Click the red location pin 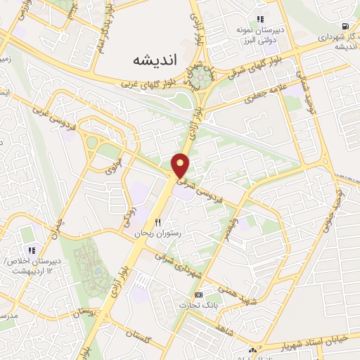tap(181, 165)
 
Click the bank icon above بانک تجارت tap(199, 294)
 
